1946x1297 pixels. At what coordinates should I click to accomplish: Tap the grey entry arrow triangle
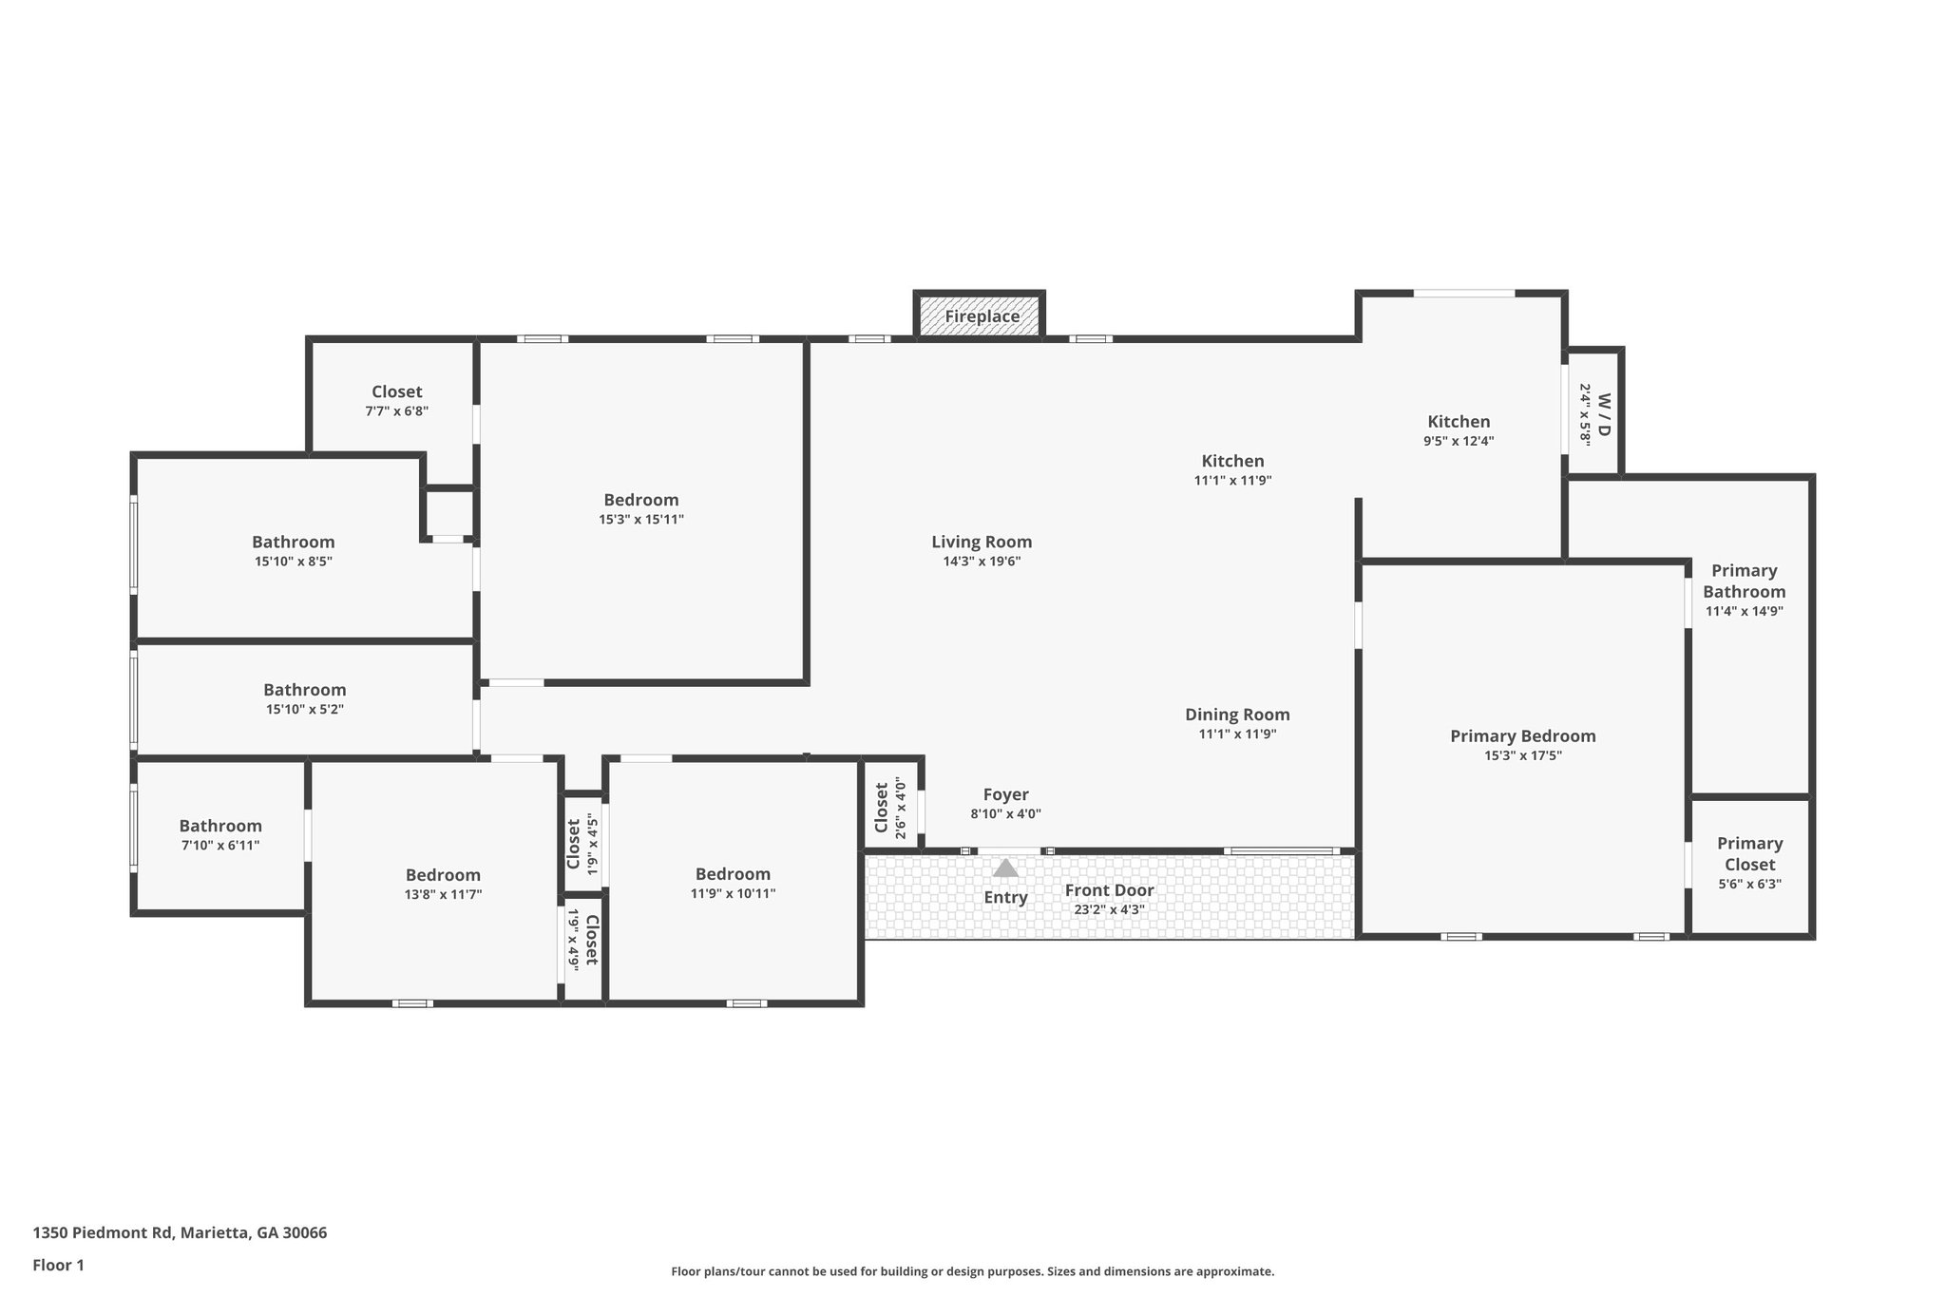click(1005, 868)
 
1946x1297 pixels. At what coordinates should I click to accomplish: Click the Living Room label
click(982, 542)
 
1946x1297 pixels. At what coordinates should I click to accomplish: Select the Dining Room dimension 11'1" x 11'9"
click(1237, 734)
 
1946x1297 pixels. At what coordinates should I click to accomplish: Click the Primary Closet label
click(1749, 853)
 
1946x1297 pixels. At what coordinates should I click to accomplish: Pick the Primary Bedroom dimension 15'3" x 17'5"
click(1522, 756)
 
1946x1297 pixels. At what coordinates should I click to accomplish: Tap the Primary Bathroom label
click(1744, 581)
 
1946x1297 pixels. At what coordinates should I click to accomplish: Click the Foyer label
click(1005, 794)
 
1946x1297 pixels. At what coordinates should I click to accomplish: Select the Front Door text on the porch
click(1109, 890)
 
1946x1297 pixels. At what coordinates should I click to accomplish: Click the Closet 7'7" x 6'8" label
click(396, 391)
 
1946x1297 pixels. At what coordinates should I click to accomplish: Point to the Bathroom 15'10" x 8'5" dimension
click(293, 562)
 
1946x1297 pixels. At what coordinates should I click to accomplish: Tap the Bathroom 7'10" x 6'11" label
click(220, 826)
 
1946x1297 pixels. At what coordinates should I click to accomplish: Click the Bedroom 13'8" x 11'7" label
click(443, 875)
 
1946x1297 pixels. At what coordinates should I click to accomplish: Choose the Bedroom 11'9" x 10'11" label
click(733, 874)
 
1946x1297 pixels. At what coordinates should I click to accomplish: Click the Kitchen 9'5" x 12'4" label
click(1459, 422)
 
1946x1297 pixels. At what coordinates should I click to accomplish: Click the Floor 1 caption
click(58, 1265)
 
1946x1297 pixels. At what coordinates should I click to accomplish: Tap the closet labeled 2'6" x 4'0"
click(889, 807)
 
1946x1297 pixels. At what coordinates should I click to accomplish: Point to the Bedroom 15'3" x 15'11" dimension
click(641, 520)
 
